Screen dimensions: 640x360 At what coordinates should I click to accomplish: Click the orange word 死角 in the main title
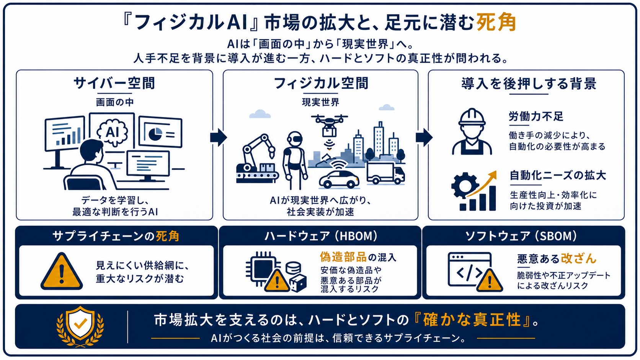click(x=496, y=22)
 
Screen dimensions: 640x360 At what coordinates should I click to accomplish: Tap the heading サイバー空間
click(x=114, y=83)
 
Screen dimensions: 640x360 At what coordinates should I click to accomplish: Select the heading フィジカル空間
click(x=321, y=83)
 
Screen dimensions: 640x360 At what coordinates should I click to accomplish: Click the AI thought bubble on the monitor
click(x=112, y=132)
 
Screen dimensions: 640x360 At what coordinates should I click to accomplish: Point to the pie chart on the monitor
click(x=155, y=134)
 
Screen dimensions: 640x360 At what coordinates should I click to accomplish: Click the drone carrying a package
click(x=329, y=125)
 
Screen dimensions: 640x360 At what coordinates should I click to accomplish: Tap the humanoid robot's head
click(x=294, y=139)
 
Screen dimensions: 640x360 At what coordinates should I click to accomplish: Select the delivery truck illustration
click(x=385, y=173)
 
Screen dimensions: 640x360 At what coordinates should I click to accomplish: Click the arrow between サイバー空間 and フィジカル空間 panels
click(x=218, y=137)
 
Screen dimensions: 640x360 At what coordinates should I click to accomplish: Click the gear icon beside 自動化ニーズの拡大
click(x=465, y=186)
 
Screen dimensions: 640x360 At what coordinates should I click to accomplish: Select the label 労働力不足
click(x=536, y=116)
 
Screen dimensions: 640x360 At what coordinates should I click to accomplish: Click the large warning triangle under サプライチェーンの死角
click(x=62, y=271)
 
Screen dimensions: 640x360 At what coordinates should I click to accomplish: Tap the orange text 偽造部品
click(x=343, y=257)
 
